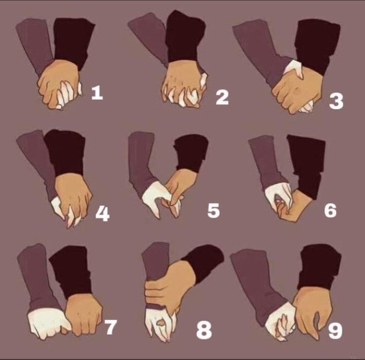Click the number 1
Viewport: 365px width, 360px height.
[x=97, y=92]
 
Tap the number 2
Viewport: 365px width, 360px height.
[x=222, y=97]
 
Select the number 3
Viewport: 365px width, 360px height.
[x=337, y=101]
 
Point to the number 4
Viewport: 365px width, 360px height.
[x=103, y=214]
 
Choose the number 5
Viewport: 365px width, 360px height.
[x=214, y=211]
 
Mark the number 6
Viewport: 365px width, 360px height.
[x=331, y=210]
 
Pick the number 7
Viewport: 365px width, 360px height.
[x=110, y=327]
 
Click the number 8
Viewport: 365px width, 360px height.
[x=204, y=330]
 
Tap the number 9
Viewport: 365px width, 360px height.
[x=335, y=330]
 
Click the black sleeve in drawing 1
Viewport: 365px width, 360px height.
[x=74, y=42]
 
